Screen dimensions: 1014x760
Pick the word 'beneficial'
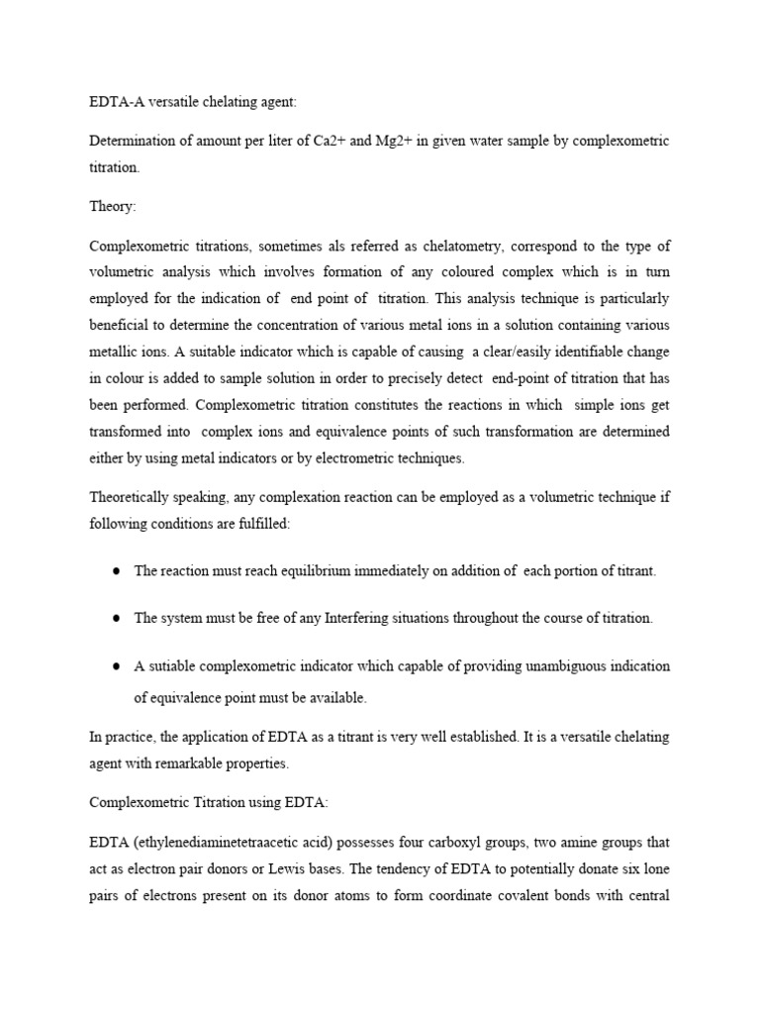[118, 325]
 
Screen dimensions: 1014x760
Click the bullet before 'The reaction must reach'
[116, 571]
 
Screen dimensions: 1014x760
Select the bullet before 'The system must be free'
[116, 618]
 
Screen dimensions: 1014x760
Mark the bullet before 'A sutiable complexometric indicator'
[116, 665]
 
